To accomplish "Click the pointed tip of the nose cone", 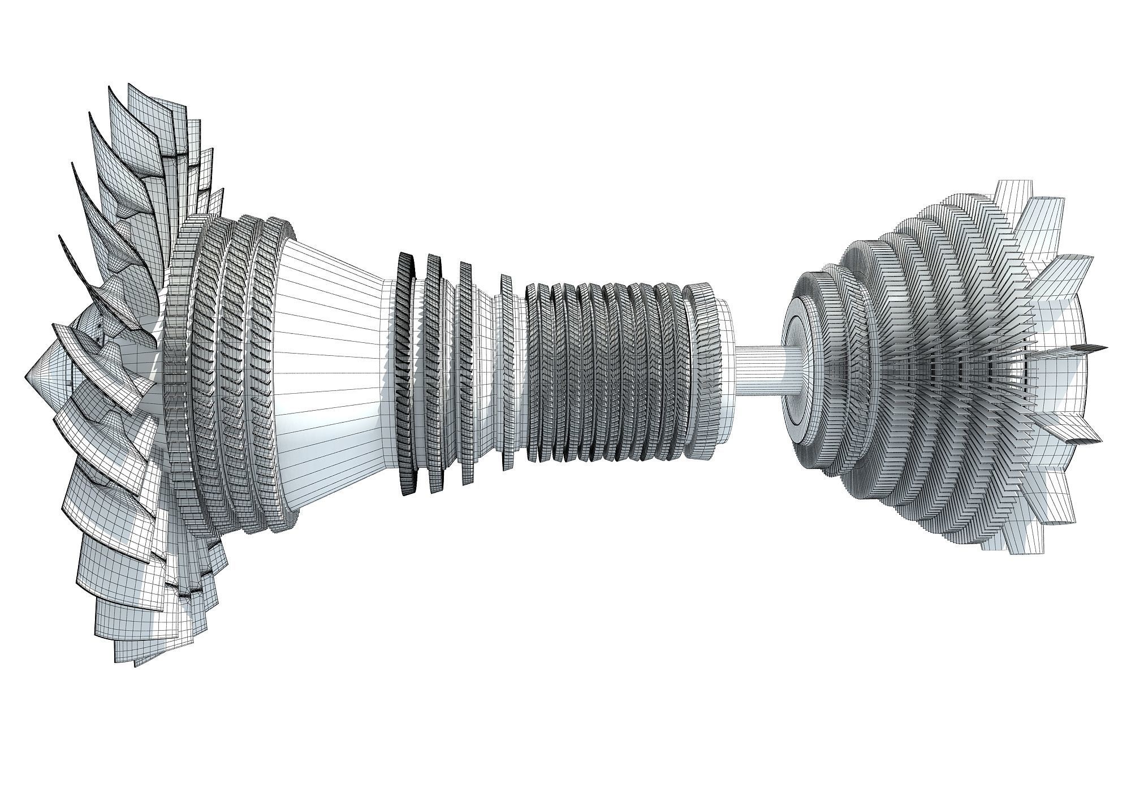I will coord(27,374).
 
